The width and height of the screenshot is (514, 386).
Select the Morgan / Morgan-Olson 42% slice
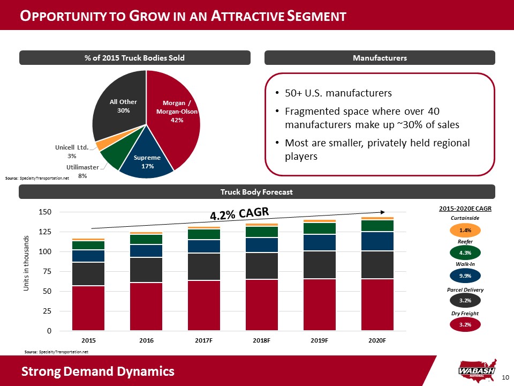tap(177, 115)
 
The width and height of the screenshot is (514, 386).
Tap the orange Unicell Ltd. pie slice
tap(101, 145)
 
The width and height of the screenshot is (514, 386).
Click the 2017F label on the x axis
tap(204, 340)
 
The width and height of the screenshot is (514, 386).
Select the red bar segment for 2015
tap(88, 308)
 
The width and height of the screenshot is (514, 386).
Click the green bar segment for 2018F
tap(262, 232)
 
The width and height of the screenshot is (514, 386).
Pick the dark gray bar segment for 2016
tap(146, 270)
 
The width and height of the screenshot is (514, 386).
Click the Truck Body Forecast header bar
tap(257, 192)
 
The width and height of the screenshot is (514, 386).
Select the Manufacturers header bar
tap(380, 58)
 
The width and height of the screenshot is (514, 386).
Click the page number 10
tap(504, 378)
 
